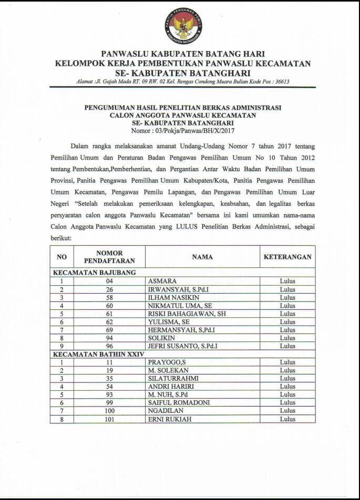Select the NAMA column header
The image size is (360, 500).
point(202,257)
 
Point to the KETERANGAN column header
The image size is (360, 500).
point(287,257)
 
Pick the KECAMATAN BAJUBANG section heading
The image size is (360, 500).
point(94,272)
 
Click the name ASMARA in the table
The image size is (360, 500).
point(162,281)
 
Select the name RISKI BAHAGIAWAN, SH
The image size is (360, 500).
point(182,314)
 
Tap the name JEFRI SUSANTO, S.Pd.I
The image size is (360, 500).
point(182,346)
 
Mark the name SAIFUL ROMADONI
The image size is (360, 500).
point(179,402)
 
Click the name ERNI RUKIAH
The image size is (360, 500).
point(169,419)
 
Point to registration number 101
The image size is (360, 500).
point(109,419)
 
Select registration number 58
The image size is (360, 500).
point(109,297)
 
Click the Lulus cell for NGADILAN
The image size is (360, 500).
point(287,411)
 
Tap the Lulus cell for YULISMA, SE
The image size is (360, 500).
point(287,322)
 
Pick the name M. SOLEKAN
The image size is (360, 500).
point(168,370)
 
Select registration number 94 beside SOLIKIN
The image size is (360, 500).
point(109,338)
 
